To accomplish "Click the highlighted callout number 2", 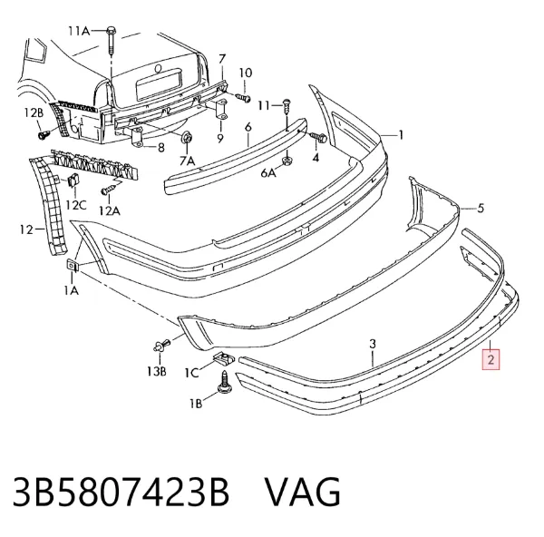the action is (491, 359).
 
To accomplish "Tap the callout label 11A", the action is (79, 31).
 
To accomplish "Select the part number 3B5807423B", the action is (121, 493).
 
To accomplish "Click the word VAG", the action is (303, 493).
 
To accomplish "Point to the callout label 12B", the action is (34, 112).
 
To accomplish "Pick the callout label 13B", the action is (156, 371).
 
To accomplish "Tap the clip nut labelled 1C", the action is (223, 357).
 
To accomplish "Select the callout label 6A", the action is (267, 172).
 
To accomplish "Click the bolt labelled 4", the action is (318, 137).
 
